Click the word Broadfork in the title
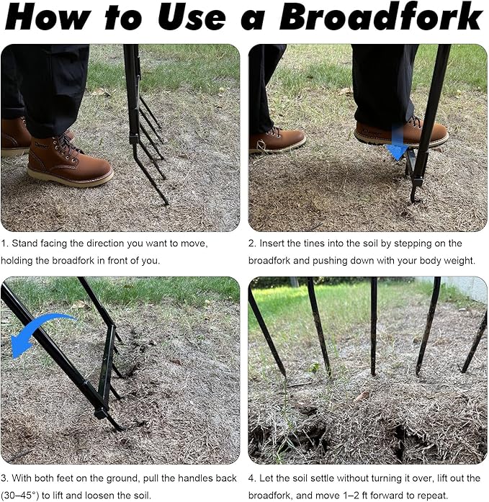[x=381, y=17]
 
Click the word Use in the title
[x=192, y=17]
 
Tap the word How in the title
[x=48, y=17]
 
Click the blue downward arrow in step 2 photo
[x=398, y=143]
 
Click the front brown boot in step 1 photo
[x=70, y=160]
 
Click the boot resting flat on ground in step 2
[x=277, y=140]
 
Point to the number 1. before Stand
[x=4, y=243]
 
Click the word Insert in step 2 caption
[x=272, y=243]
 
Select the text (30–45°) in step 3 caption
[x=20, y=496]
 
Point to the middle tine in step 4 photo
[x=373, y=326]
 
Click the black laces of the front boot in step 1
[x=66, y=145]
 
